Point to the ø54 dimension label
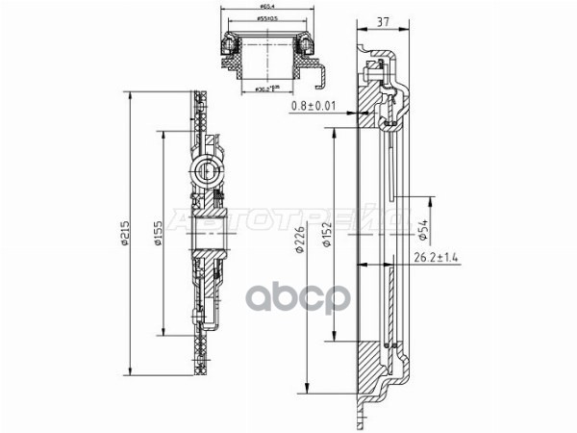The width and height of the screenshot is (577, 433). click(x=424, y=230)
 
